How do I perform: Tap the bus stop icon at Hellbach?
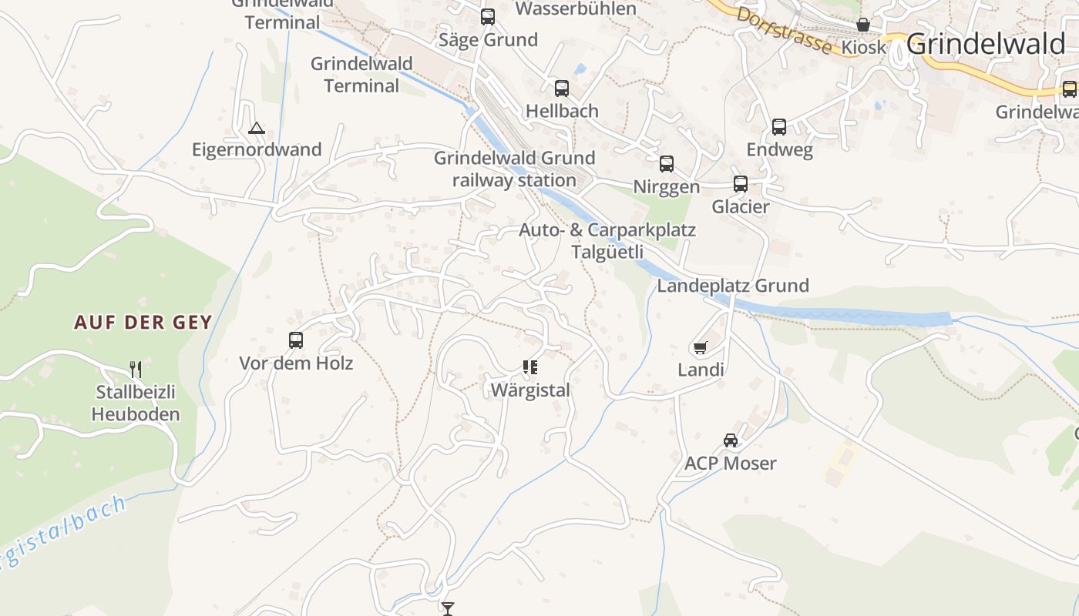(562, 89)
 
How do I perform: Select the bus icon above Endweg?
(779, 127)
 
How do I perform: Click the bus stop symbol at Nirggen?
(667, 164)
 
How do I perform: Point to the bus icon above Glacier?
(741, 184)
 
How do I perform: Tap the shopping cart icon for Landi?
(700, 348)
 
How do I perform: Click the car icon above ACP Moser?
(731, 440)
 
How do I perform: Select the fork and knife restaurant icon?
(136, 370)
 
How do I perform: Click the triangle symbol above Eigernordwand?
(257, 128)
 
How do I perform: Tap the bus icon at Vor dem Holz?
(296, 340)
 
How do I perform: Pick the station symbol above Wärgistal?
(529, 367)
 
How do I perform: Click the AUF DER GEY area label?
(143, 322)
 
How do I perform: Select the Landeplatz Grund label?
(732, 286)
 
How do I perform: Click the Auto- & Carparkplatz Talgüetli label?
(607, 241)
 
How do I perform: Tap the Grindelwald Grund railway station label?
(514, 169)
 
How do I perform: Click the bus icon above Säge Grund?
(488, 17)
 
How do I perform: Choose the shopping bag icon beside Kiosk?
(863, 25)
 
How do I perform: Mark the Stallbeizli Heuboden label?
(136, 403)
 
